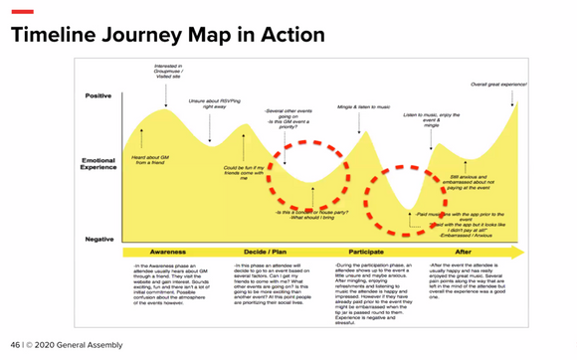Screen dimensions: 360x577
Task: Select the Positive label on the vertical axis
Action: coord(97,96)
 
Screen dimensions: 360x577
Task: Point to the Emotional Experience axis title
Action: coord(97,162)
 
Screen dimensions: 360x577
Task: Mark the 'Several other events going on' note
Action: coord(289,117)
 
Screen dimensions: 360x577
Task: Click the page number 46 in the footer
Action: coord(15,345)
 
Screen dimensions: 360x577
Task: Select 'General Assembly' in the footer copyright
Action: coord(96,345)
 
